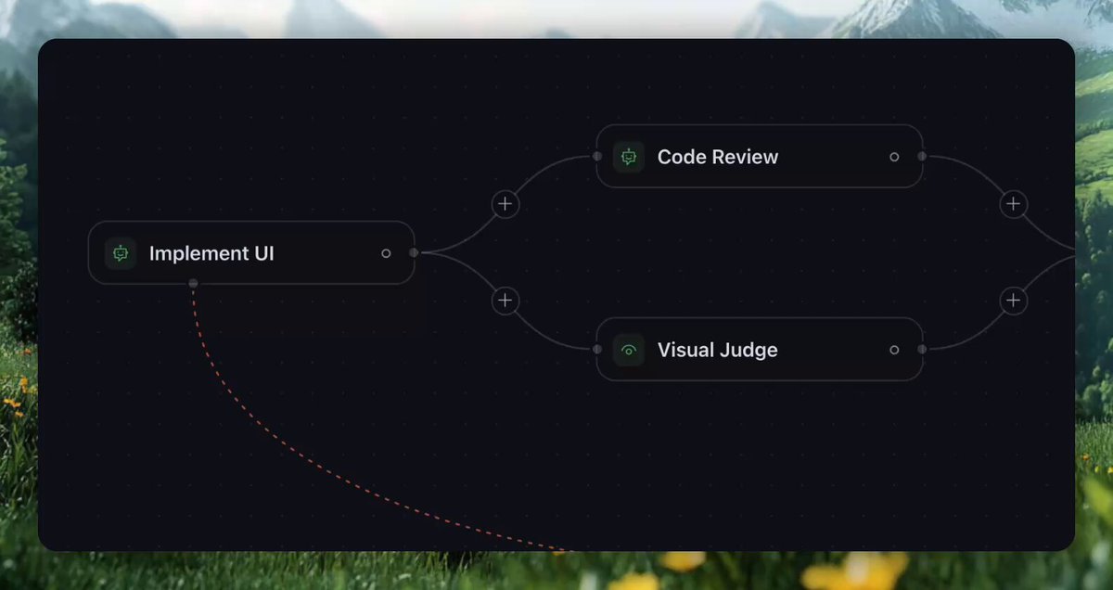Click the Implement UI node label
pos(211,253)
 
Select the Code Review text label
pos(718,157)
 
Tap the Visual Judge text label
pos(718,350)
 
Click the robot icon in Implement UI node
pos(121,253)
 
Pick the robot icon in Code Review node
pos(629,157)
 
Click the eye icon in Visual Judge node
pos(629,351)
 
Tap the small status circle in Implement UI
pos(386,253)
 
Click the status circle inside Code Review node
pos(894,157)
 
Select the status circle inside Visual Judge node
pos(894,350)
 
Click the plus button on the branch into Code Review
pos(505,204)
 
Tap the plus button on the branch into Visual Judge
pos(505,301)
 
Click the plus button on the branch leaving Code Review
pos(1014,204)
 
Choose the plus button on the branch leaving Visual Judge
pos(1014,301)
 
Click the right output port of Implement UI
pos(414,253)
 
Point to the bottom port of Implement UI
pos(193,283)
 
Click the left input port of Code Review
pos(597,157)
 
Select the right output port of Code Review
pos(922,157)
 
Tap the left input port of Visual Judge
pos(597,350)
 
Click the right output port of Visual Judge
pos(922,350)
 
